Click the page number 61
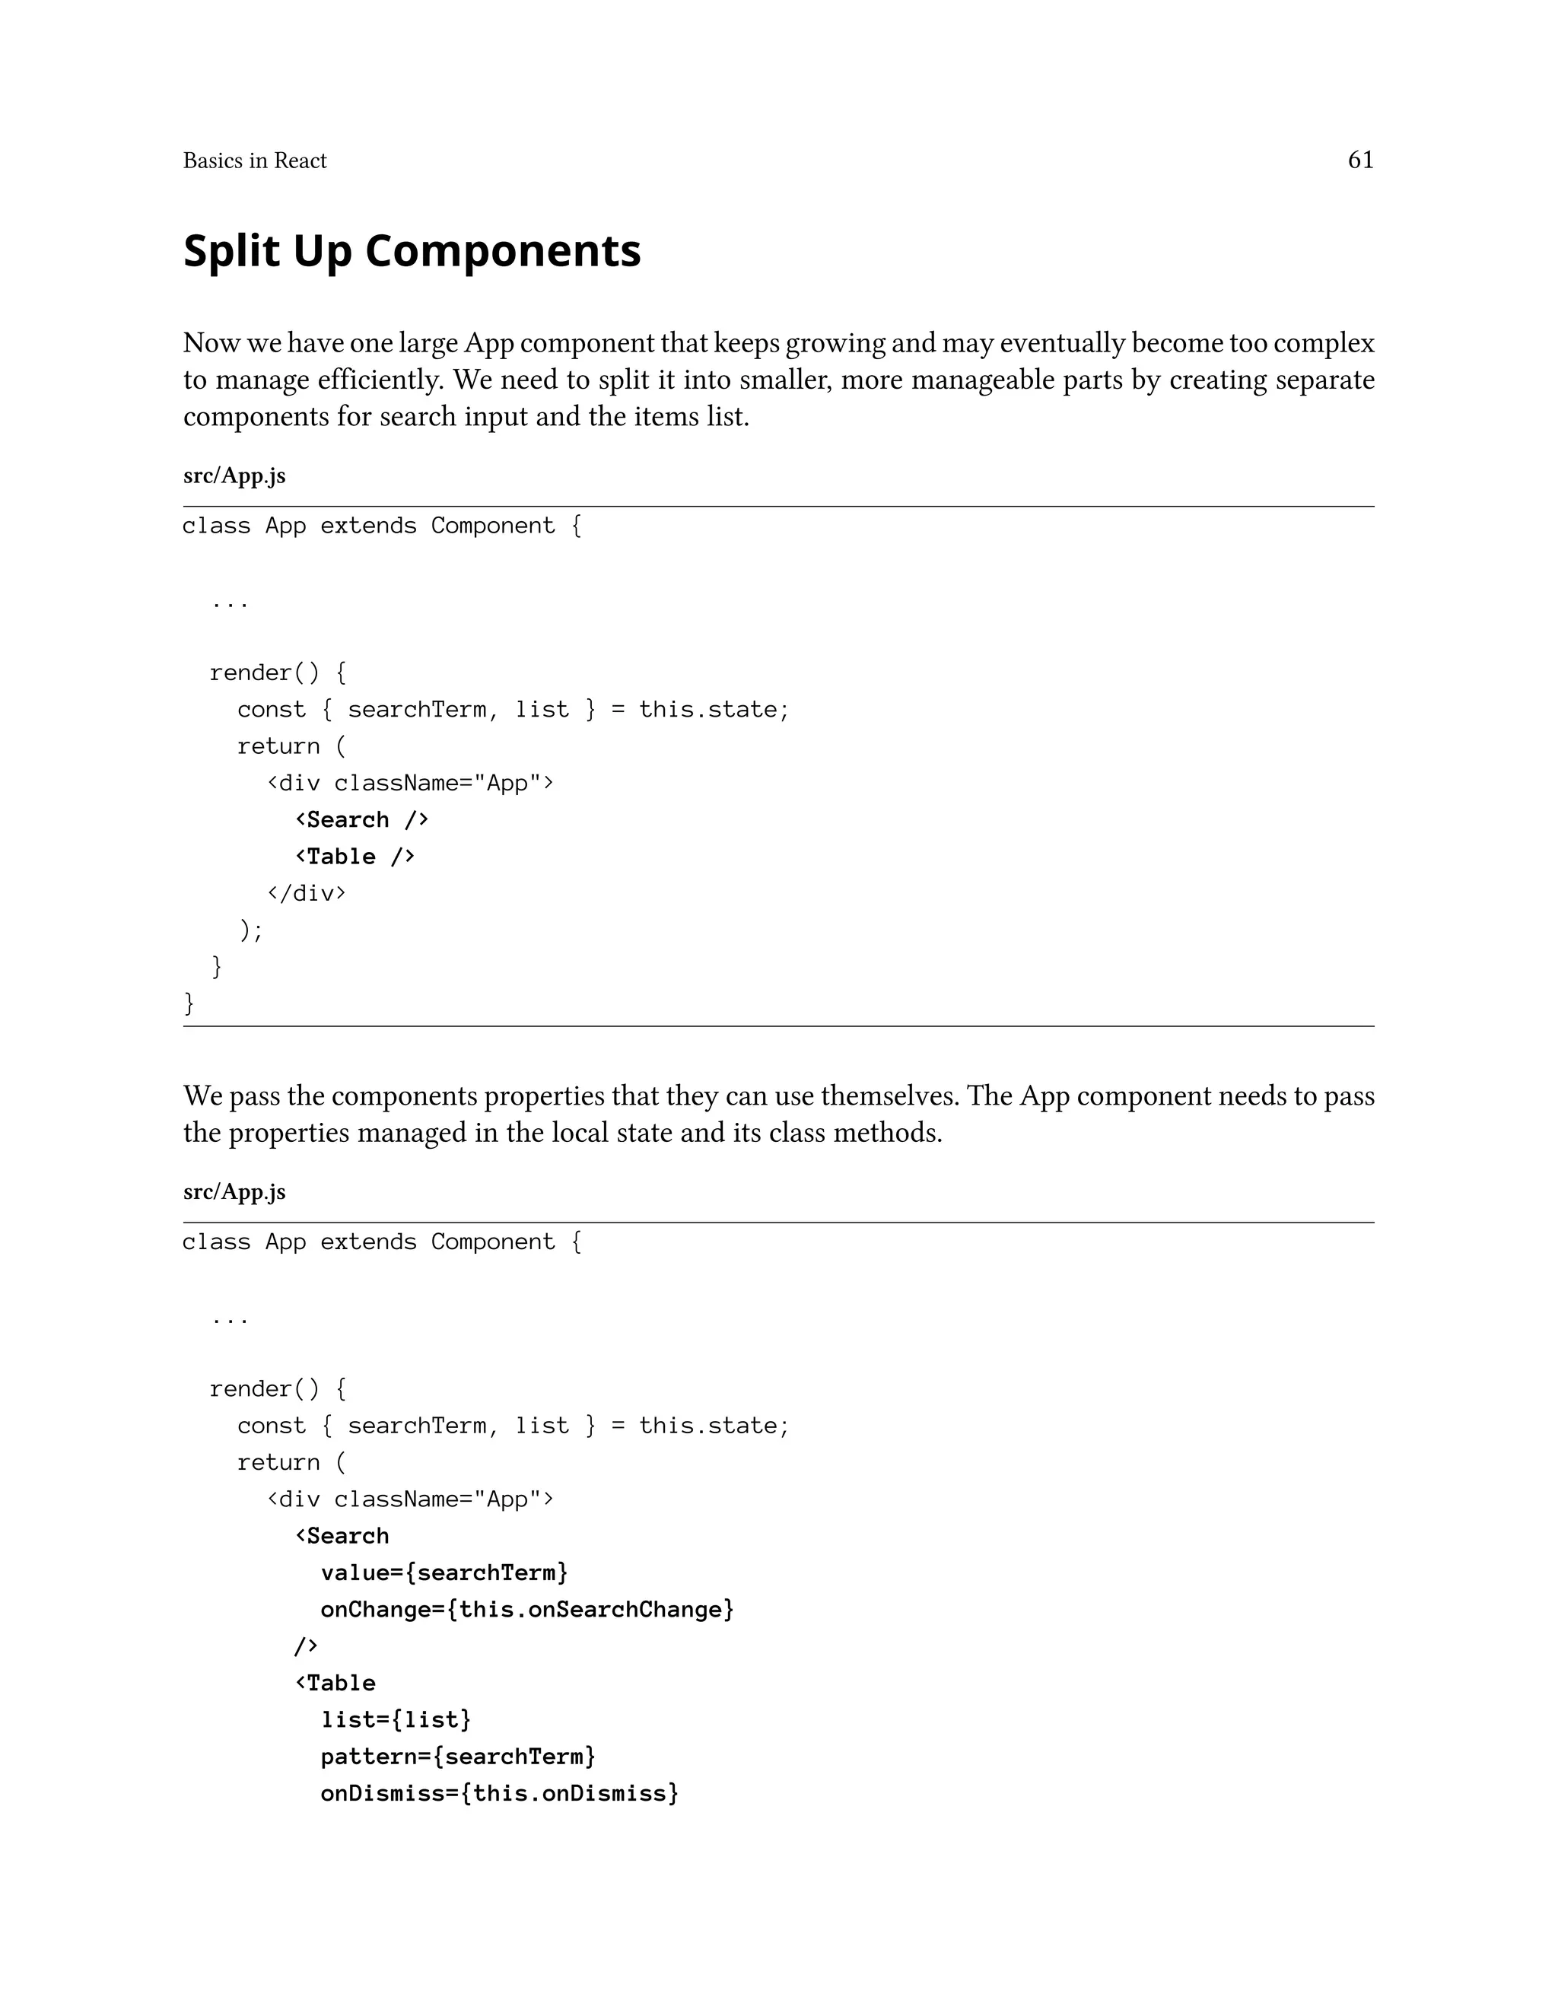tap(1360, 160)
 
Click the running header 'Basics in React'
tap(255, 161)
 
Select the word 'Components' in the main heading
tap(502, 251)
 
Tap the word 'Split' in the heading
tap(232, 251)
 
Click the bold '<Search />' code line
tap(362, 819)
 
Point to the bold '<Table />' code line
tap(355, 857)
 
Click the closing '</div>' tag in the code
tap(306, 892)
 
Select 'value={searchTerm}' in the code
tap(444, 1572)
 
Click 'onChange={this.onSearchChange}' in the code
tap(527, 1609)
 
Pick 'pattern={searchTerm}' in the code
tap(458, 1756)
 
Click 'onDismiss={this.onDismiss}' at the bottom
tap(499, 1792)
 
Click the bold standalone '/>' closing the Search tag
tap(306, 1645)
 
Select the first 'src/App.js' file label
tap(234, 475)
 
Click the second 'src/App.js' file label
tap(234, 1191)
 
